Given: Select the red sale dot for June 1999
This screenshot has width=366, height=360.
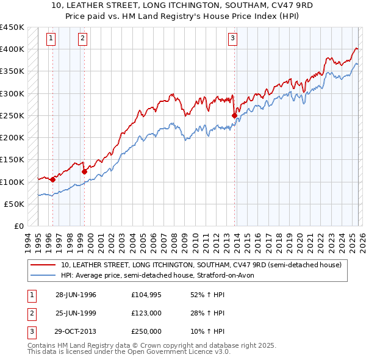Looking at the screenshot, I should click(84, 171).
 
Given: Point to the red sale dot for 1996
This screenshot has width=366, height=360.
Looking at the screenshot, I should click(53, 179).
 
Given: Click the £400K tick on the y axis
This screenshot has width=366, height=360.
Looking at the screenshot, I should click(12, 49).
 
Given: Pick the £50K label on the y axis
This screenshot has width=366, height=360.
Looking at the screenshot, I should click(15, 204).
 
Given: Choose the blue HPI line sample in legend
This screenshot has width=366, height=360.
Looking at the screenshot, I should click(44, 275).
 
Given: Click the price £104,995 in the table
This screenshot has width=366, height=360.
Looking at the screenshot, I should click(145, 295).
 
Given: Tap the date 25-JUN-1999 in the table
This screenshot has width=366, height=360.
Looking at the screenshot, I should click(76, 313).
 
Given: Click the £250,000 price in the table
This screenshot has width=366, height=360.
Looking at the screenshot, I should click(145, 331).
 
